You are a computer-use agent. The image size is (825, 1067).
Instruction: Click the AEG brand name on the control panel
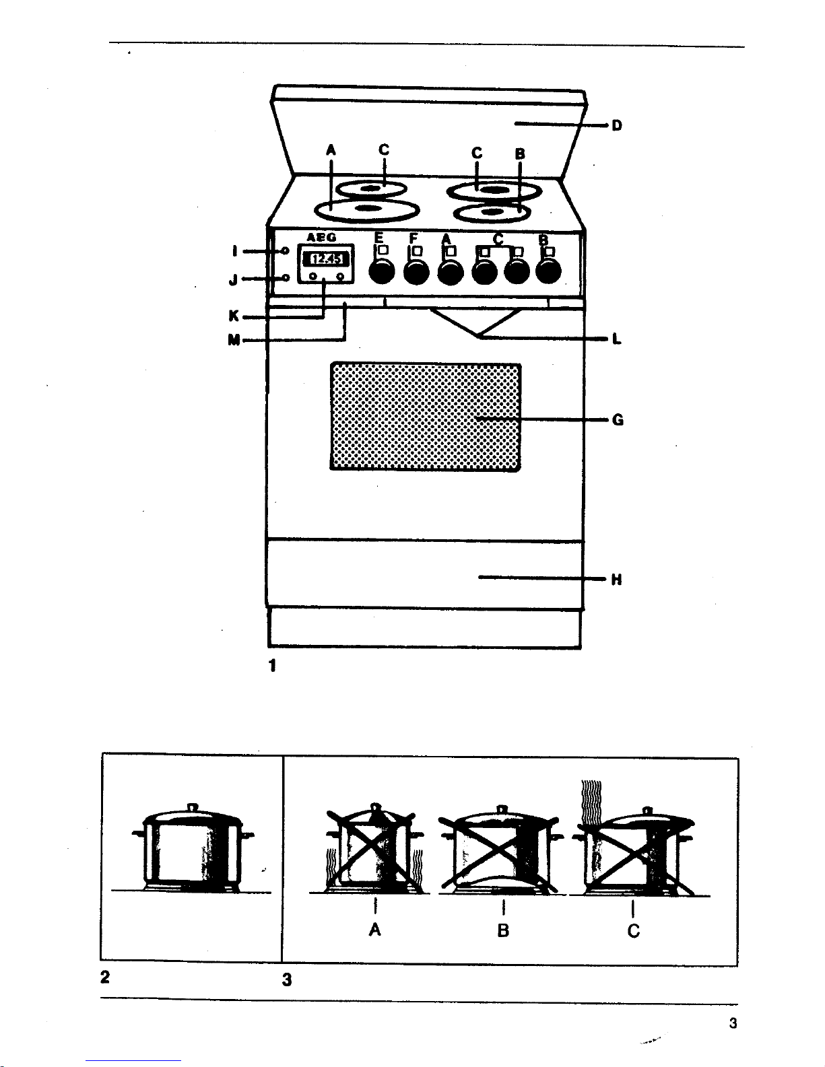[322, 238]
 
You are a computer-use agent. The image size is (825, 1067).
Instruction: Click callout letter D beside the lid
[617, 126]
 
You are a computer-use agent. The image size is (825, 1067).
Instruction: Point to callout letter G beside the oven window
[618, 420]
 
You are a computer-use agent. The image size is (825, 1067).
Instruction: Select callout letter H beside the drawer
[616, 580]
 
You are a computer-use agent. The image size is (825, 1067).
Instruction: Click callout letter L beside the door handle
[617, 339]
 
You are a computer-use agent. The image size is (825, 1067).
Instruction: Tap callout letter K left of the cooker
[234, 316]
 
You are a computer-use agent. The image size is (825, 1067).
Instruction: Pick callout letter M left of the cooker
[234, 340]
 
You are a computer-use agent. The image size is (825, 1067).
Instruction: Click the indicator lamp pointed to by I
[286, 251]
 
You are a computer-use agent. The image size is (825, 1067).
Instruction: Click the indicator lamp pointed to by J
[286, 279]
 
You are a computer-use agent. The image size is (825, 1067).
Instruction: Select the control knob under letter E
[382, 271]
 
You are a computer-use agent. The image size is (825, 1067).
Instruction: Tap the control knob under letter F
[416, 271]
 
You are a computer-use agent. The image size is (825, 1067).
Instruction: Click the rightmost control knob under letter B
[548, 271]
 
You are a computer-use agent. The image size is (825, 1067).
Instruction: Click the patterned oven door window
[425, 417]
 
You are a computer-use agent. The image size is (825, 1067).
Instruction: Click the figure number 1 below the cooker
[273, 666]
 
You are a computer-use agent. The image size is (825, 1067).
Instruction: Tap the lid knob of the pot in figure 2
[192, 806]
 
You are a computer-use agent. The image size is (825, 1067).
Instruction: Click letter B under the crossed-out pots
[503, 930]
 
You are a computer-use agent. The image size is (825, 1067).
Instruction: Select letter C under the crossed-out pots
[634, 931]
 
